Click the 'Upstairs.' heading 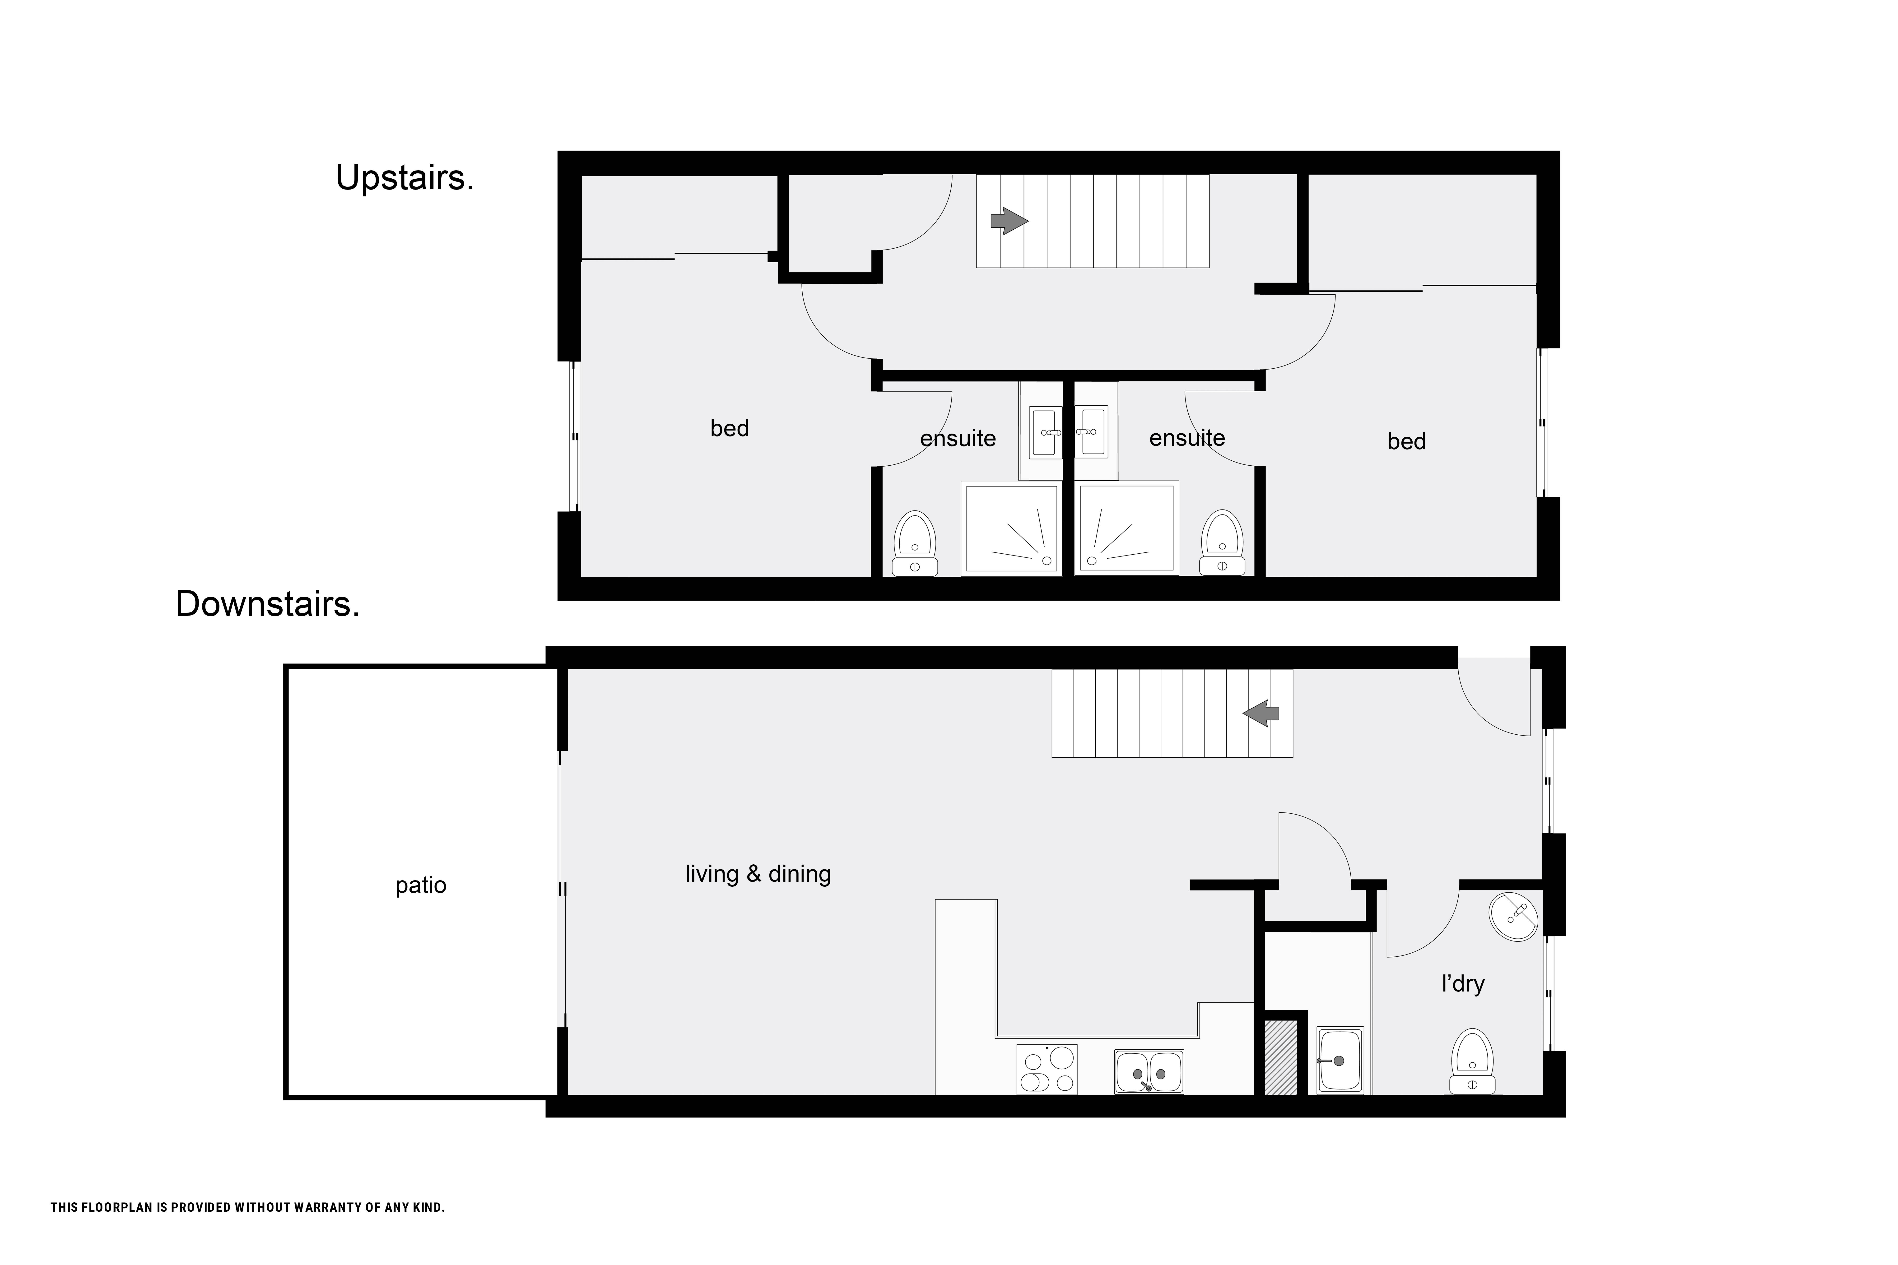(x=404, y=177)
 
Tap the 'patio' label (x=420, y=886)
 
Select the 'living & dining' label (x=758, y=874)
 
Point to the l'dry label (x=1463, y=983)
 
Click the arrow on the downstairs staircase (x=1261, y=713)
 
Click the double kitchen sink (x=1149, y=1071)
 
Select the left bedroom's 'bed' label (x=730, y=428)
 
